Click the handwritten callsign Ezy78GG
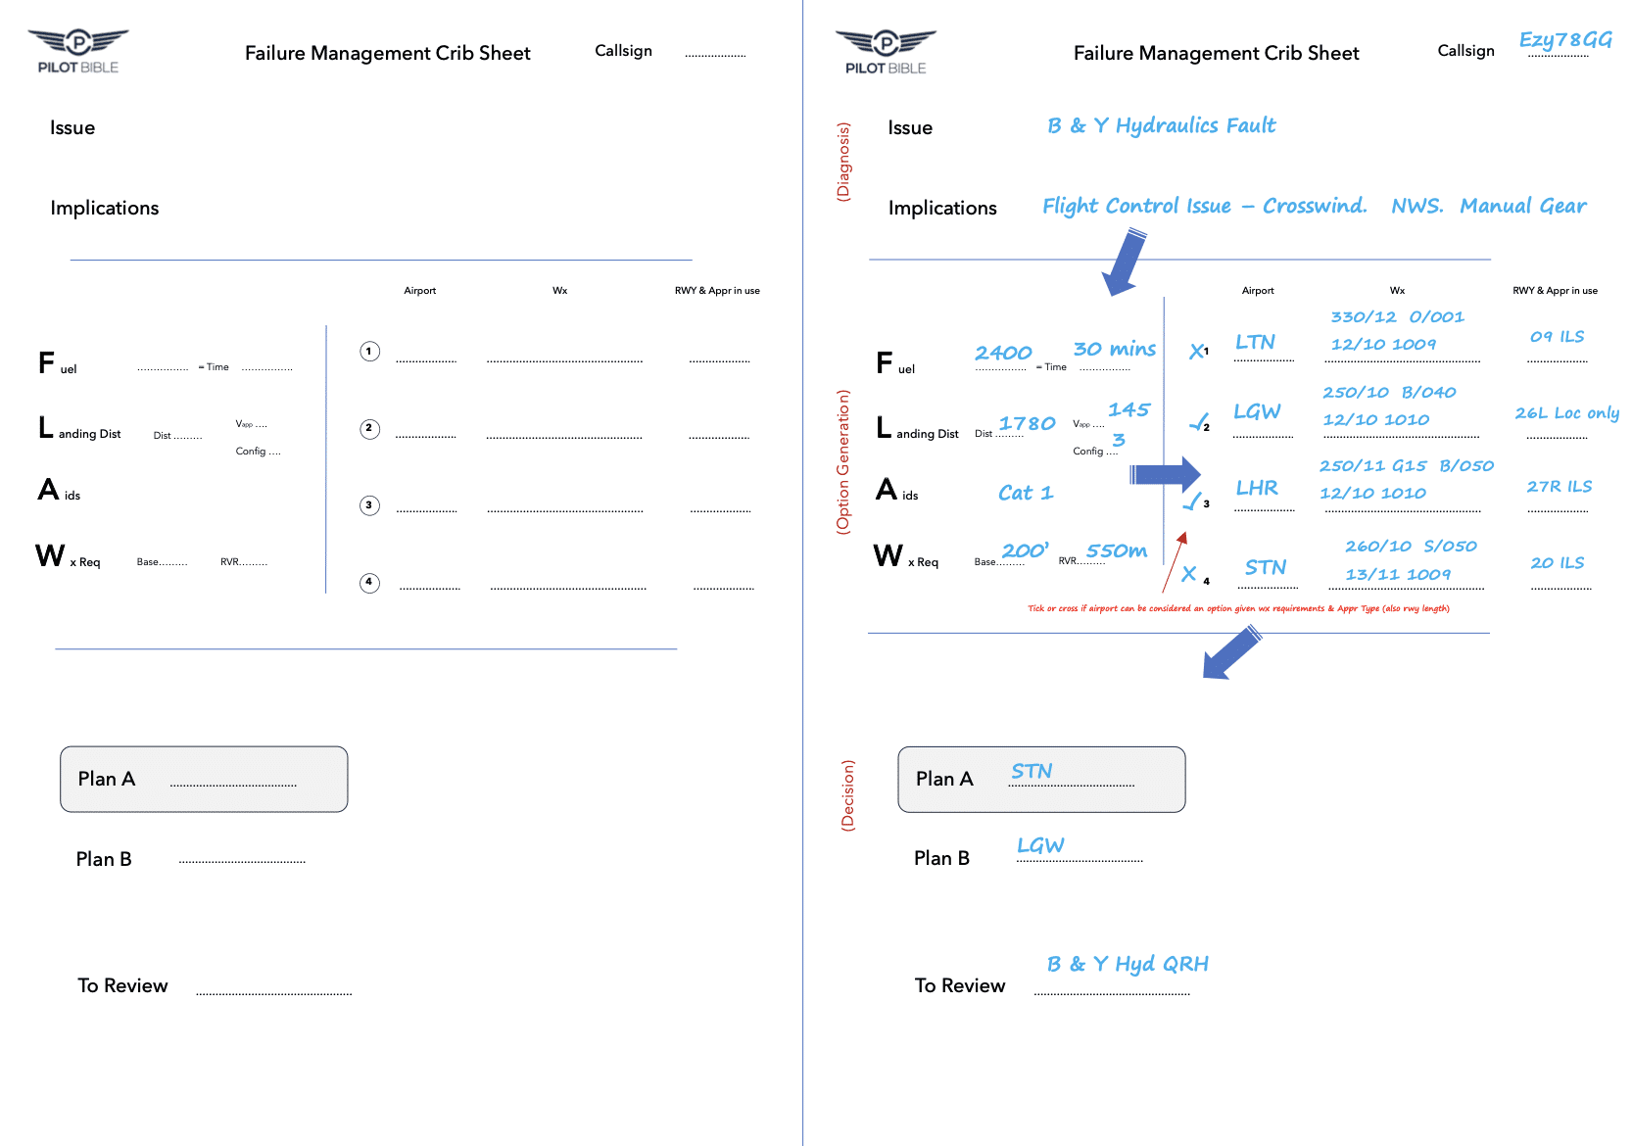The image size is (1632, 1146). pyautogui.click(x=1564, y=40)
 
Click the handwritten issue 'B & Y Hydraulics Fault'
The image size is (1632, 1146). pyautogui.click(x=1161, y=125)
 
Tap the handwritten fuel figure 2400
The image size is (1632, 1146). pyautogui.click(x=1003, y=353)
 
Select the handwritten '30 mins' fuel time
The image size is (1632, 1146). pyautogui.click(x=1114, y=349)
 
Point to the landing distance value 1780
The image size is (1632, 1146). pyautogui.click(x=1027, y=423)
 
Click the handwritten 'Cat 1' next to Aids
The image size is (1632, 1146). pyautogui.click(x=1026, y=493)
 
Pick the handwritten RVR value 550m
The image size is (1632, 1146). pyautogui.click(x=1116, y=550)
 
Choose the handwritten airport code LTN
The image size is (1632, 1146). pyautogui.click(x=1255, y=342)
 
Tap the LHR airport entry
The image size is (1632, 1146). pyautogui.click(x=1257, y=488)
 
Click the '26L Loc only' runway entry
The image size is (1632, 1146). pyautogui.click(x=1566, y=413)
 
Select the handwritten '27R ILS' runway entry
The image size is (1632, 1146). pyautogui.click(x=1559, y=487)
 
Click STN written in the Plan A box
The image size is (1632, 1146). pyautogui.click(x=1032, y=772)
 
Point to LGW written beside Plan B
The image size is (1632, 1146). pyautogui.click(x=1040, y=845)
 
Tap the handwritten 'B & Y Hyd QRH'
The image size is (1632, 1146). pyautogui.click(x=1128, y=964)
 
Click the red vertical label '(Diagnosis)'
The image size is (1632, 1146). pyautogui.click(x=843, y=162)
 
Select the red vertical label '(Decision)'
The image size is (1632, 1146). pyautogui.click(x=848, y=795)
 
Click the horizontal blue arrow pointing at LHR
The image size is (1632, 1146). pyautogui.click(x=1164, y=475)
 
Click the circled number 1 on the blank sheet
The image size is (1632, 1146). pyautogui.click(x=369, y=351)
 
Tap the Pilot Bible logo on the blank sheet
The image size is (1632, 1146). pyautogui.click(x=78, y=51)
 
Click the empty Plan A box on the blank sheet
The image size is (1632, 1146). pyautogui.click(x=204, y=780)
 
